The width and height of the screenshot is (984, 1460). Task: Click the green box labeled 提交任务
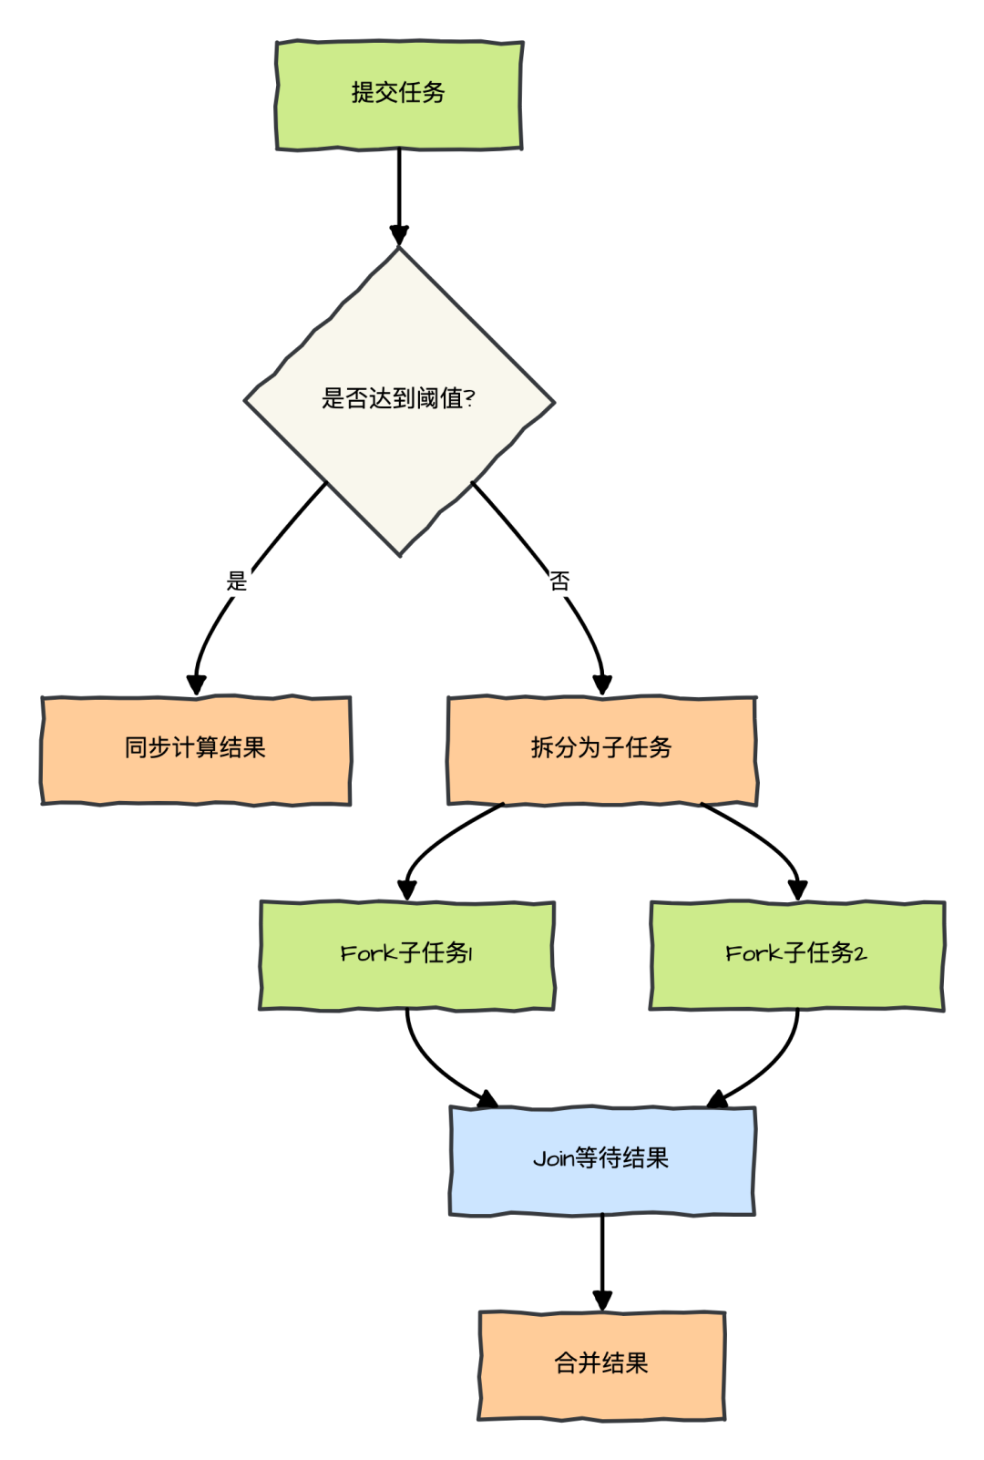tap(399, 95)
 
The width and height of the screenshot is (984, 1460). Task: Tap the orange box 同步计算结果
tap(196, 750)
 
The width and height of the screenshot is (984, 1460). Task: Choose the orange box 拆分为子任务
tap(601, 750)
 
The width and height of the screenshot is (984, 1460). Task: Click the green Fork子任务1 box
tap(406, 955)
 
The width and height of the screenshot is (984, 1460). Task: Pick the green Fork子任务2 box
tap(796, 955)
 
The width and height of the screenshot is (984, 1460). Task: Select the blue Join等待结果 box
tap(602, 1160)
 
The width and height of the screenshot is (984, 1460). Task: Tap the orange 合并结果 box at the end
tap(601, 1364)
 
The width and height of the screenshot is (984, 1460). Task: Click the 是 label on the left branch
tap(237, 581)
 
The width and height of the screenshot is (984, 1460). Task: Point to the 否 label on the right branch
tap(559, 581)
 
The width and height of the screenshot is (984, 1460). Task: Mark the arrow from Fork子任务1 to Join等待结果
tap(433, 1066)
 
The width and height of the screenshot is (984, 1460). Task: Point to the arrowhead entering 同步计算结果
tap(196, 684)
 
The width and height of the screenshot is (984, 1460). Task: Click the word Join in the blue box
tap(553, 1159)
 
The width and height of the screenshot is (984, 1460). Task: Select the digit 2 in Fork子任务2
tap(860, 954)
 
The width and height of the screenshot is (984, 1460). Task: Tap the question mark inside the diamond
tap(470, 398)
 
